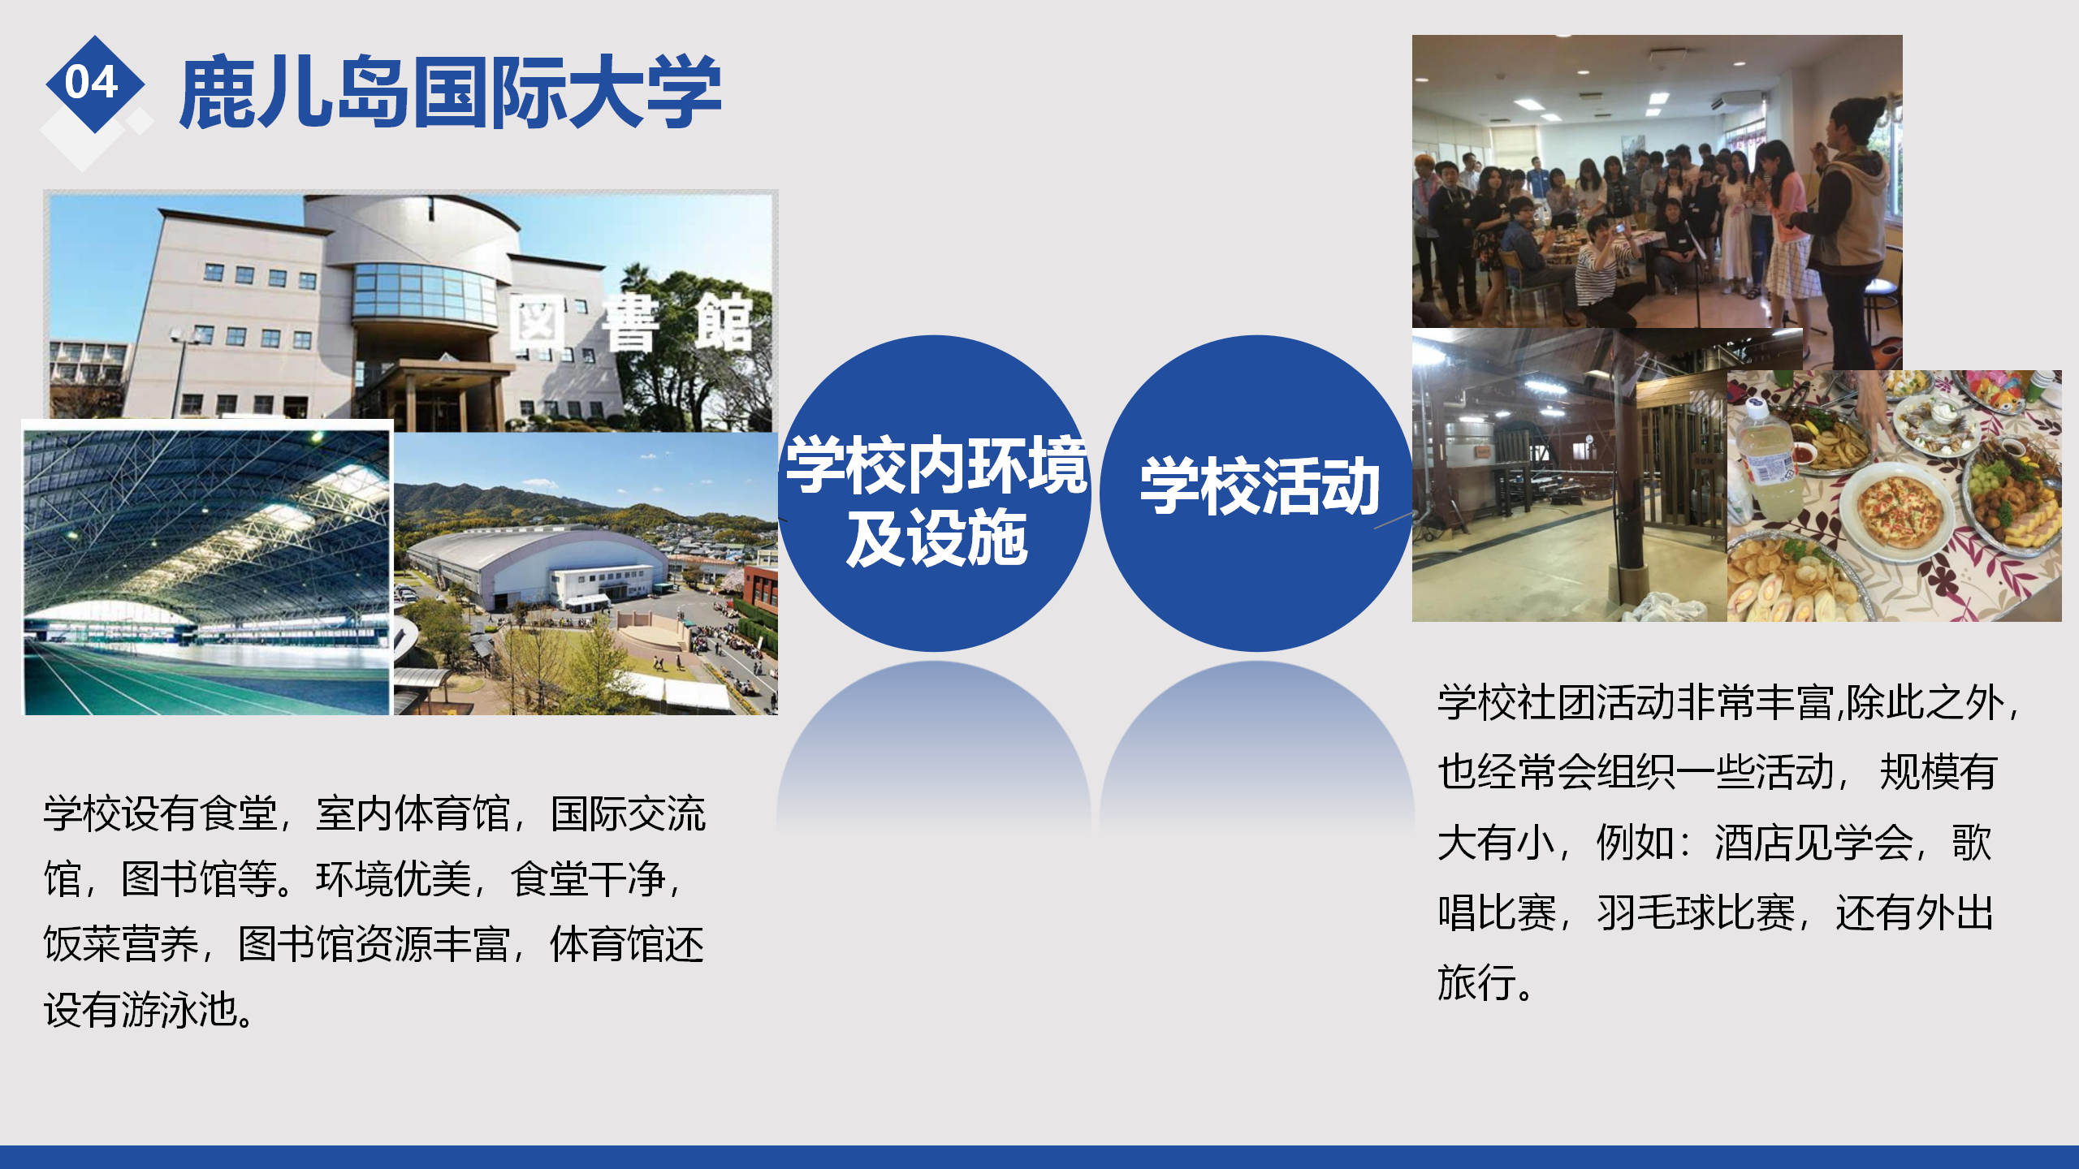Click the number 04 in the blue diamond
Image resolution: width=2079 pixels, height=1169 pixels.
click(x=92, y=82)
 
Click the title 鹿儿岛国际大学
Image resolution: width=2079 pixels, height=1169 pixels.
click(x=451, y=92)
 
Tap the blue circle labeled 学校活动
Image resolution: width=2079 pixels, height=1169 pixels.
click(x=1257, y=493)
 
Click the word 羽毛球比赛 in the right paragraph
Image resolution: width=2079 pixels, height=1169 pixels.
click(x=1696, y=912)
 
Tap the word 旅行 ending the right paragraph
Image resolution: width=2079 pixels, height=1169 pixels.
click(x=1476, y=982)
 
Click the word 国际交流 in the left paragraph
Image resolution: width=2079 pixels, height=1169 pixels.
click(x=629, y=814)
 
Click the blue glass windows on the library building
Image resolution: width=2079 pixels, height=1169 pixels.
click(x=422, y=290)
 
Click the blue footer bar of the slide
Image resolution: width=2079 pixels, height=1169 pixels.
click(x=1039, y=1157)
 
